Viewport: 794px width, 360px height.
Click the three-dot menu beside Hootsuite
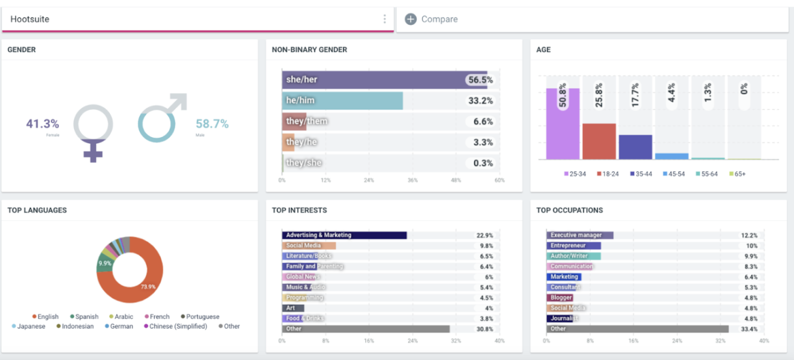click(x=385, y=19)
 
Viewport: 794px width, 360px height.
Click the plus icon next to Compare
click(x=411, y=19)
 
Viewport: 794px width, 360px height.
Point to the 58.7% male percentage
click(x=212, y=123)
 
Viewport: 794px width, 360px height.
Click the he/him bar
click(x=342, y=101)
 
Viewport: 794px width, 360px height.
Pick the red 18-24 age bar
click(x=599, y=141)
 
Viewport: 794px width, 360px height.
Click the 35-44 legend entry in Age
click(x=642, y=174)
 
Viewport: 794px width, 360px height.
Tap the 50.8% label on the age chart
click(x=563, y=96)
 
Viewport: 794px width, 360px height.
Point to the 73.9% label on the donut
click(x=149, y=286)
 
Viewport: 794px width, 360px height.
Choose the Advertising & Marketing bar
click(x=344, y=235)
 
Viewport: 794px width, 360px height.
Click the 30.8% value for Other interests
click(x=484, y=329)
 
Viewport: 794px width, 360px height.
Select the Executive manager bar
click(x=580, y=235)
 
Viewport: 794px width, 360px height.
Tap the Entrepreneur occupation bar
click(x=573, y=246)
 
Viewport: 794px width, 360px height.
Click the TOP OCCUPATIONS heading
click(x=569, y=211)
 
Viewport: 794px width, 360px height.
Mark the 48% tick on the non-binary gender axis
click(x=455, y=180)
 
